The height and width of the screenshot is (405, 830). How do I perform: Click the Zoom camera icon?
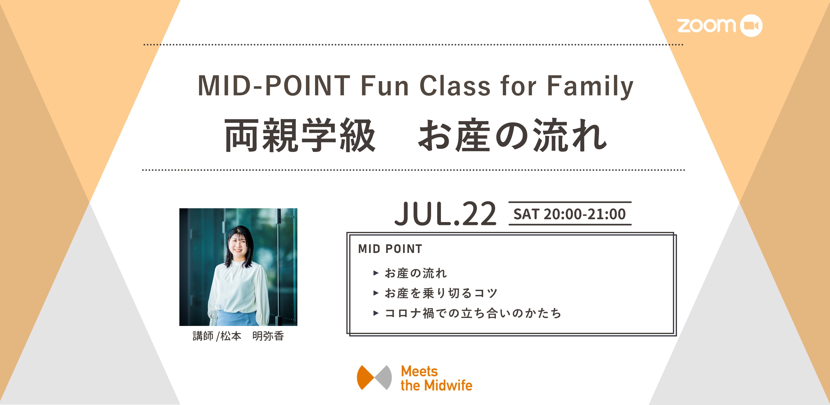point(751,25)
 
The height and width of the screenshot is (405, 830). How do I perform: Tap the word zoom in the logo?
point(707,25)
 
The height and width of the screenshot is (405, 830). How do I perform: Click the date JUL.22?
point(445,214)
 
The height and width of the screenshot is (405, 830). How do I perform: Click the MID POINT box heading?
point(390,249)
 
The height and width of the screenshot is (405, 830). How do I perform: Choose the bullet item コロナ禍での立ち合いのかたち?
point(473,313)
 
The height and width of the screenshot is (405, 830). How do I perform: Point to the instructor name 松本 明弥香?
point(252,336)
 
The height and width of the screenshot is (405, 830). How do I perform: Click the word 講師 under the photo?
point(203,336)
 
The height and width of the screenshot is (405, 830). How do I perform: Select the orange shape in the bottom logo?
point(365,377)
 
